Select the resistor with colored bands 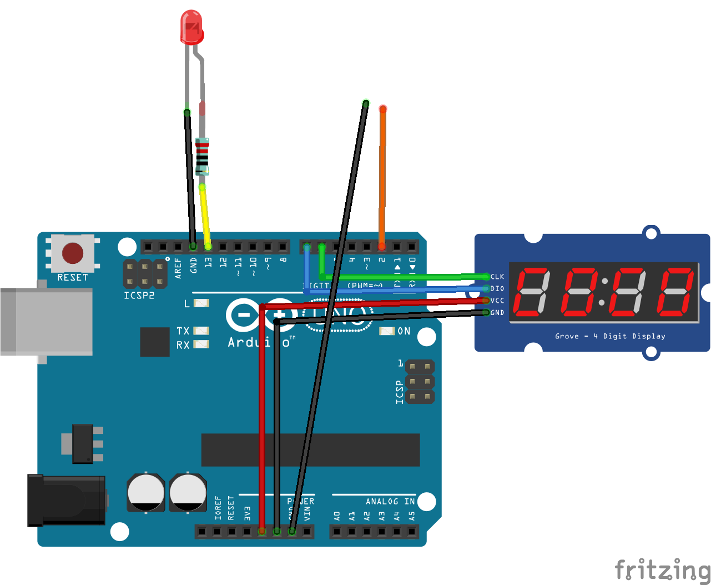point(203,156)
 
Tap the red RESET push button point(73,253)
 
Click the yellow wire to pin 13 point(205,217)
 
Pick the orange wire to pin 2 point(382,178)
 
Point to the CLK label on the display point(497,277)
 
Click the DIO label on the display point(497,289)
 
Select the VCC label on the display point(497,301)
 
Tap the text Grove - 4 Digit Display point(610,336)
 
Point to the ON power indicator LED point(387,331)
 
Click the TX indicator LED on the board point(201,331)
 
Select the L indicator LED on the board point(201,303)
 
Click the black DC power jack point(67,500)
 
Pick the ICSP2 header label point(139,296)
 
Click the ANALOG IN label point(390,502)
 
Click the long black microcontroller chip point(310,450)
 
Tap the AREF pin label point(178,268)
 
